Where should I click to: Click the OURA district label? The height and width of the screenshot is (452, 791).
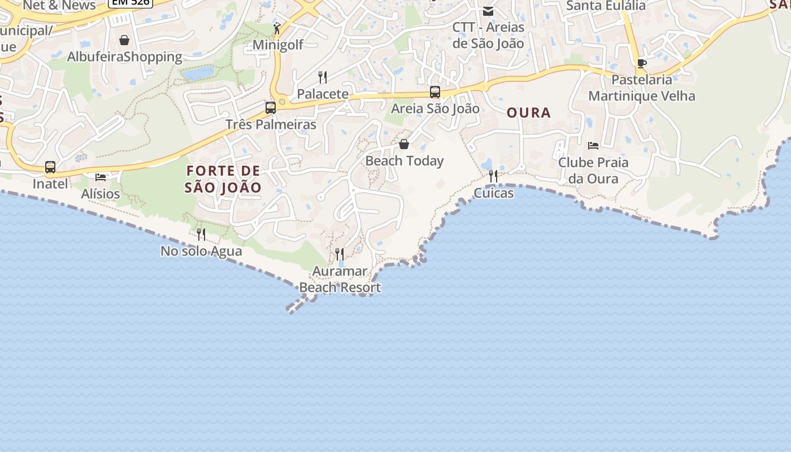(528, 113)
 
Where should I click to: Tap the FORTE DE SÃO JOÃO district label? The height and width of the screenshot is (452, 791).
(223, 179)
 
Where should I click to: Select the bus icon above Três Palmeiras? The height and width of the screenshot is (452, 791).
(271, 107)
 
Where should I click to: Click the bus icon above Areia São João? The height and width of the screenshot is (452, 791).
(435, 92)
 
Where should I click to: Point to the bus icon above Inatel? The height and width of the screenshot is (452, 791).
(50, 167)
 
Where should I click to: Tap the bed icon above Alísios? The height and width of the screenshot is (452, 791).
(101, 177)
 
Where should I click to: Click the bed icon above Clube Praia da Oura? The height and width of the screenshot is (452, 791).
(593, 146)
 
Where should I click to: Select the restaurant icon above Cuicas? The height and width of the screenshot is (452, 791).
(493, 176)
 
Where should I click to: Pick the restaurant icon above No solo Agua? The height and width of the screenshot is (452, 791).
(201, 234)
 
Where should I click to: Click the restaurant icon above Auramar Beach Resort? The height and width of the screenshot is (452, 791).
(340, 254)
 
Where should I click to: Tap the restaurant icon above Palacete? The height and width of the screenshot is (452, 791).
(323, 77)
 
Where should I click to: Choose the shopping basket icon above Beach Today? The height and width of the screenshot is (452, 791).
(404, 144)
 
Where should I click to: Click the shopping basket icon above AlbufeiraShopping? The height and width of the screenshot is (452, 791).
(124, 40)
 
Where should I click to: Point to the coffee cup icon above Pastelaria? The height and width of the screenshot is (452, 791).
(641, 63)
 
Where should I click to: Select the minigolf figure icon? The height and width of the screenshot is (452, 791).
(277, 28)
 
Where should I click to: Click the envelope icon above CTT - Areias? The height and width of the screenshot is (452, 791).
(488, 11)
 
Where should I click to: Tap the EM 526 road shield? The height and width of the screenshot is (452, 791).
(131, 2)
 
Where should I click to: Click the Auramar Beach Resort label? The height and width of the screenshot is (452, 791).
(340, 280)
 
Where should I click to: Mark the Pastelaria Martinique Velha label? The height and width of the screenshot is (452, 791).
(642, 88)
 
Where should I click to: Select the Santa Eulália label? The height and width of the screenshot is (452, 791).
(606, 6)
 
